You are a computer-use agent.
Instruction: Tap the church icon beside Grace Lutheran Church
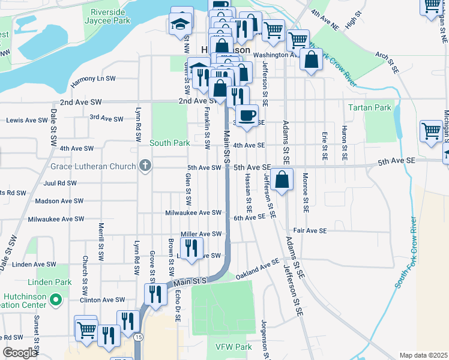[145, 165]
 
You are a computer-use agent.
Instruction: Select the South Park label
[170, 143]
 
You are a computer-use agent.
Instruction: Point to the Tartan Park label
[370, 108]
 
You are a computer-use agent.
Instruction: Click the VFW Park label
[233, 347]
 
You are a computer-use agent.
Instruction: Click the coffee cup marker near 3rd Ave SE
[246, 115]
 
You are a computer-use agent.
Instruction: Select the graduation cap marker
[179, 24]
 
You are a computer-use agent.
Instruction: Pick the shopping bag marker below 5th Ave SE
[282, 179]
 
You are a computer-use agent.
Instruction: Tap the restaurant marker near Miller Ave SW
[191, 247]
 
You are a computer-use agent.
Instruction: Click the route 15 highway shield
[139, 338]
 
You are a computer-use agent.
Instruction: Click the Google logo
[20, 353]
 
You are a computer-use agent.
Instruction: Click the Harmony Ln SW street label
[93, 79]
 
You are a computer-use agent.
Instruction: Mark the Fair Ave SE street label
[310, 230]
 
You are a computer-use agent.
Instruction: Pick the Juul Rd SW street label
[59, 183]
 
